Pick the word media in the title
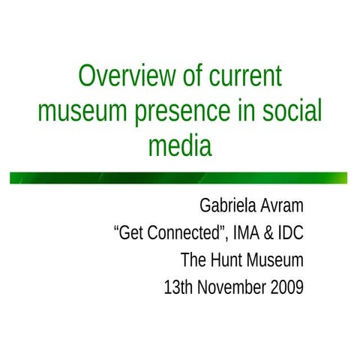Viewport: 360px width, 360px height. point(180,145)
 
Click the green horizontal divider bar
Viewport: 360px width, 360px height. point(180,178)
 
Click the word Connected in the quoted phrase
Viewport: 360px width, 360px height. point(184,233)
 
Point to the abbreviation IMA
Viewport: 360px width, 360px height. point(244,233)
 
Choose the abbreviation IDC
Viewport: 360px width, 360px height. point(289,233)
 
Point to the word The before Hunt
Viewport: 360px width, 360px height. point(193,261)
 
